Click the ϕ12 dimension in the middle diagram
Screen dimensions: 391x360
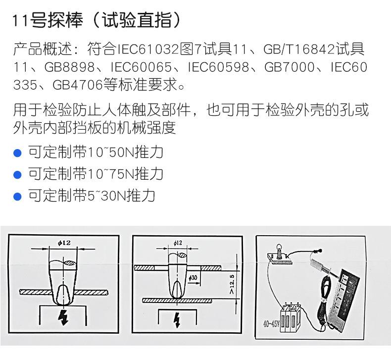click(178, 243)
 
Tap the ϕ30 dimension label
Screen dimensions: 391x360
click(193, 278)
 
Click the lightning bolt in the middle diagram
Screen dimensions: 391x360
click(177, 321)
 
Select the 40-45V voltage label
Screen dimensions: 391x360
click(271, 326)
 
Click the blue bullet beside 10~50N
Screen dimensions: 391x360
click(17, 153)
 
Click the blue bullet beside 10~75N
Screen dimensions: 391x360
click(17, 174)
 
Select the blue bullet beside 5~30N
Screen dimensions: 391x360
click(17, 196)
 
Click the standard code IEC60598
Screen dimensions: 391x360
click(225, 67)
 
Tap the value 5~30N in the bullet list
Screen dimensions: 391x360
click(108, 196)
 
